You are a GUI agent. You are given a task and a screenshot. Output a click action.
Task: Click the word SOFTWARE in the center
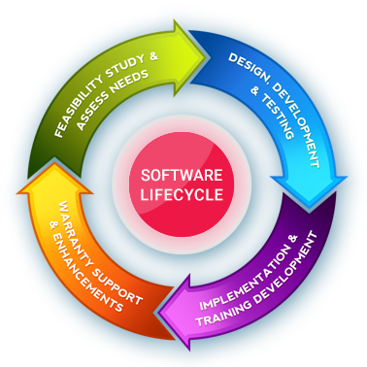[x=183, y=176]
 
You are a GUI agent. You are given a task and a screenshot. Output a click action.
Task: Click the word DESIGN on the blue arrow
[x=242, y=66]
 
